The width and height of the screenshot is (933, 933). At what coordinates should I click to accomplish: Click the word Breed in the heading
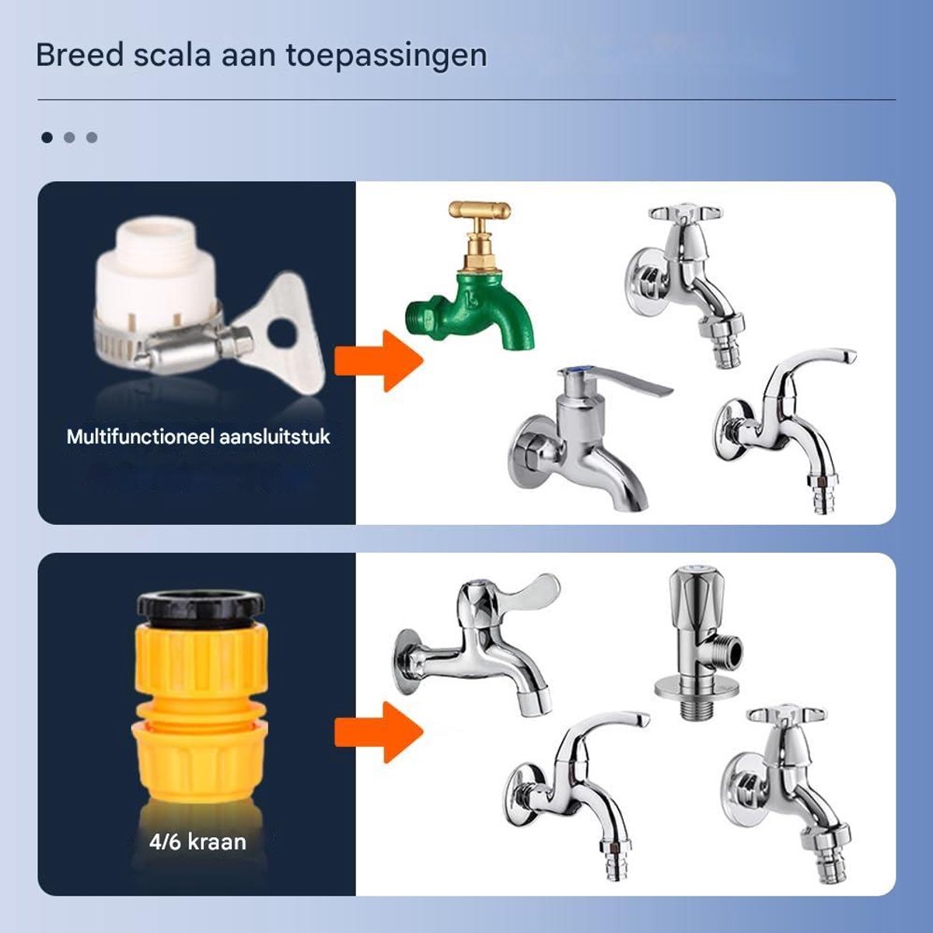(x=80, y=55)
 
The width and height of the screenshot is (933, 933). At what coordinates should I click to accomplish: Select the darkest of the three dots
(x=47, y=138)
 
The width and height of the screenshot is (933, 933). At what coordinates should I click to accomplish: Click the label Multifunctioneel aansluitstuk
(x=198, y=437)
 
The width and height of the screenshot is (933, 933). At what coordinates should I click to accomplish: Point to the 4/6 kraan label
(x=197, y=842)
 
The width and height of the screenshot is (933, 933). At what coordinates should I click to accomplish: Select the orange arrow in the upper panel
(x=379, y=361)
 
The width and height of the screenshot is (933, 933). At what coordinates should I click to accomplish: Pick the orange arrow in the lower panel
(x=379, y=732)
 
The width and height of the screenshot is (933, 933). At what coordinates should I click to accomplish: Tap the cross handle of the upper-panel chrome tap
(x=686, y=213)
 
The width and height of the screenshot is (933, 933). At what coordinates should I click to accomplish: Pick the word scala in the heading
(x=172, y=55)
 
